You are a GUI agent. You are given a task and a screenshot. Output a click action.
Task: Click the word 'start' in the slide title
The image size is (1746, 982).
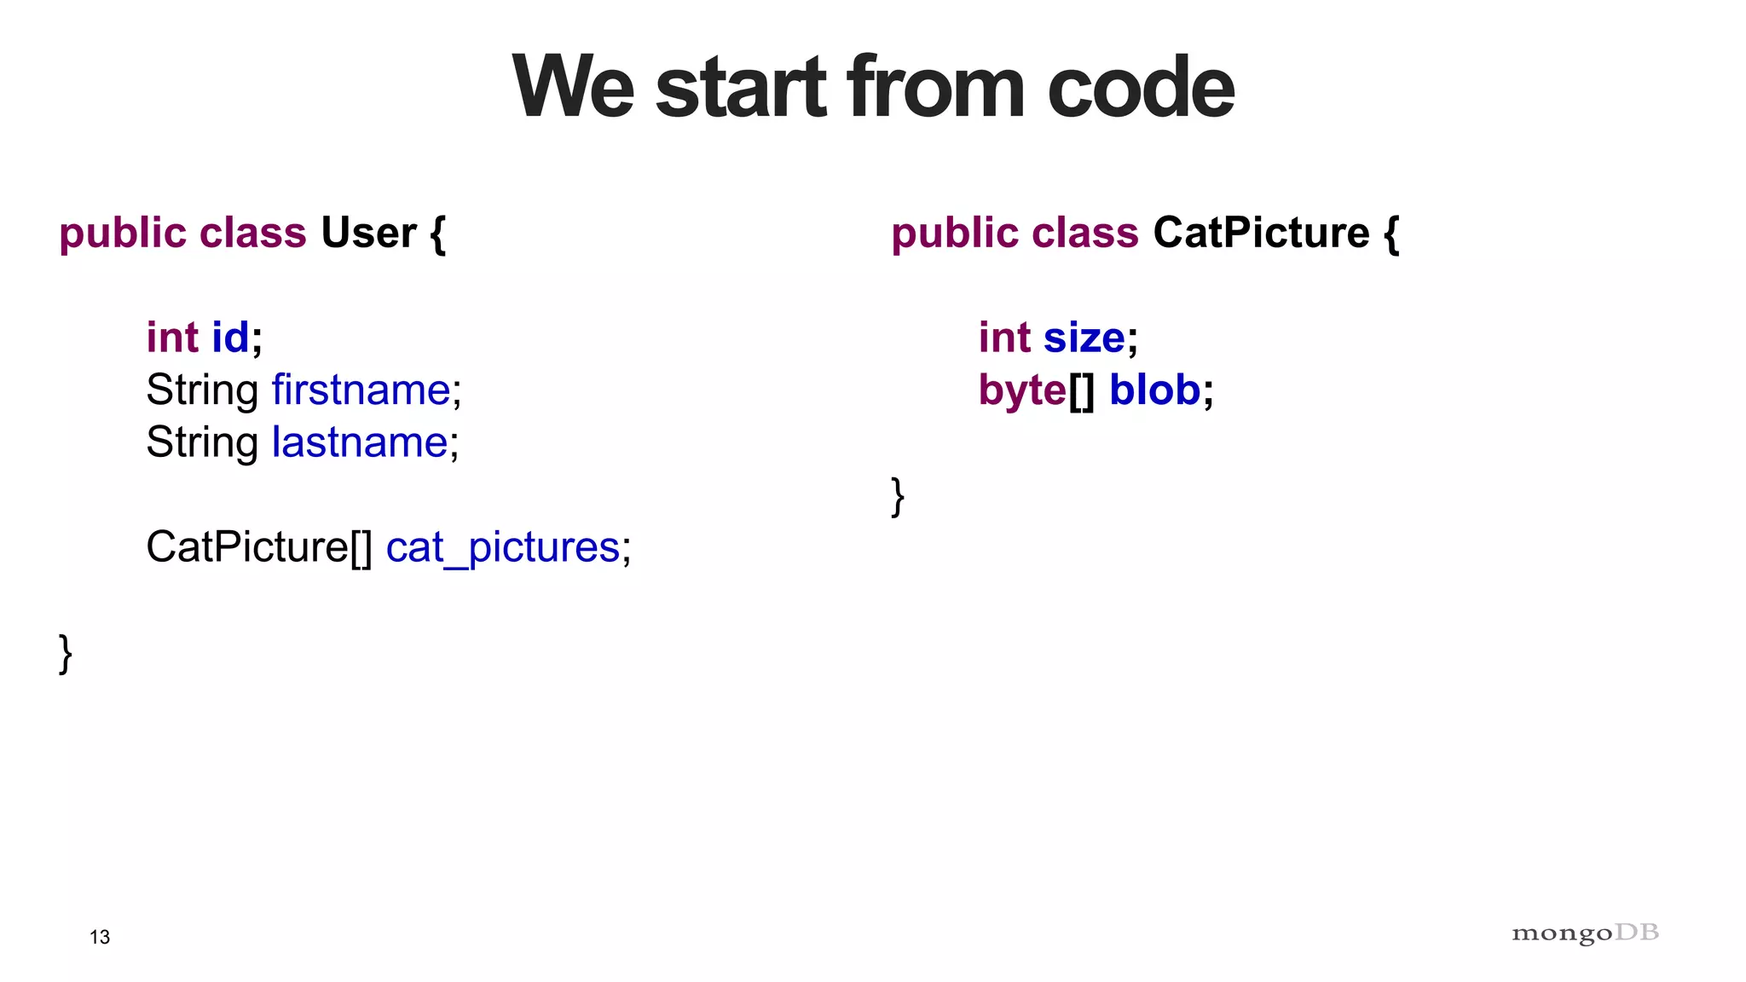741,87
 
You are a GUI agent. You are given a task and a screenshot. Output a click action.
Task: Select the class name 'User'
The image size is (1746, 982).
368,233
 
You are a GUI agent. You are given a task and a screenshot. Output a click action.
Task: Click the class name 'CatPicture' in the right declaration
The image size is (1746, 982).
1261,233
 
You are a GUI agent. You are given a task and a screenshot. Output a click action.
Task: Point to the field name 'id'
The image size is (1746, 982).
230,337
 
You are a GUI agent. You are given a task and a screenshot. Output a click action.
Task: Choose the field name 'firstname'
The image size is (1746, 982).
361,390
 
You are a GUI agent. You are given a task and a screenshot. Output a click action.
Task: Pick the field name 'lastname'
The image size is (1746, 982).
359,442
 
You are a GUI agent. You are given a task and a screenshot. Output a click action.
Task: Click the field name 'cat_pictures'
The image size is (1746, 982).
502,547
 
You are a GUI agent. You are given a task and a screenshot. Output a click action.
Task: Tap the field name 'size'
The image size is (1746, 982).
1084,337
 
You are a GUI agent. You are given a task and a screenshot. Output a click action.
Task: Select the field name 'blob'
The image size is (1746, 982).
1154,390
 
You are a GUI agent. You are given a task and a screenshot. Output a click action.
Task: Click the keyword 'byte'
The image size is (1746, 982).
1021,390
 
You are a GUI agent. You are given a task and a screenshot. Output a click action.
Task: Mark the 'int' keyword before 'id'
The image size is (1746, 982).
172,337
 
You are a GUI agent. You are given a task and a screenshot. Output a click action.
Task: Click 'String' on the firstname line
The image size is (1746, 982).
202,390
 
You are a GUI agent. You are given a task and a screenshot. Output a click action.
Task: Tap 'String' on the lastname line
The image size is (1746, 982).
202,443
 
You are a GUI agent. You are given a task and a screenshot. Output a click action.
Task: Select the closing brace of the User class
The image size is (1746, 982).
66,654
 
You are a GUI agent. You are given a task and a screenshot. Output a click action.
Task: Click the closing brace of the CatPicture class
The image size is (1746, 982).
898,496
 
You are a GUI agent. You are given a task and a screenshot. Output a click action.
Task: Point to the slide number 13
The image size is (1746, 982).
100,937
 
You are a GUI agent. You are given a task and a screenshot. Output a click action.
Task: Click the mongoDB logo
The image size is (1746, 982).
1585,933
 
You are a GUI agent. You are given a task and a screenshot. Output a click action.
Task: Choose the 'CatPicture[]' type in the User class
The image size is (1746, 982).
259,547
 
